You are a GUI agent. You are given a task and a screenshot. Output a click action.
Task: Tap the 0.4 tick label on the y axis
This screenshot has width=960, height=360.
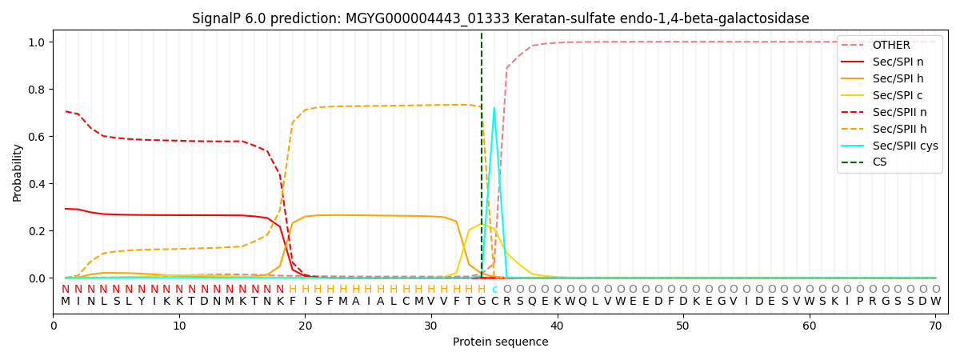pos(38,184)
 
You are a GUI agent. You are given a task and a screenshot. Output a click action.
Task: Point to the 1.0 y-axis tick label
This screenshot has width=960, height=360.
pos(38,42)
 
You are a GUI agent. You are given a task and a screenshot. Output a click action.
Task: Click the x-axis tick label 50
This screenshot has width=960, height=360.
pos(682,326)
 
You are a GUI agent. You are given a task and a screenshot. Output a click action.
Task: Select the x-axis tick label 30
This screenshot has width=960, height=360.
pos(430,326)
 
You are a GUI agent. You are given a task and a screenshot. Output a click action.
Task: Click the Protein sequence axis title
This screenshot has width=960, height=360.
pos(500,342)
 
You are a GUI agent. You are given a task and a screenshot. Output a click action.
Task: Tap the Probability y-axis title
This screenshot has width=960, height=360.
pos(18,172)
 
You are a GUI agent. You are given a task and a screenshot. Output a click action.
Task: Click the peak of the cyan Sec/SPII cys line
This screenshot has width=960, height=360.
pos(494,107)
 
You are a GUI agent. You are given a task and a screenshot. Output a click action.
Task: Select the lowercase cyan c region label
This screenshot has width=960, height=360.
pos(494,289)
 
